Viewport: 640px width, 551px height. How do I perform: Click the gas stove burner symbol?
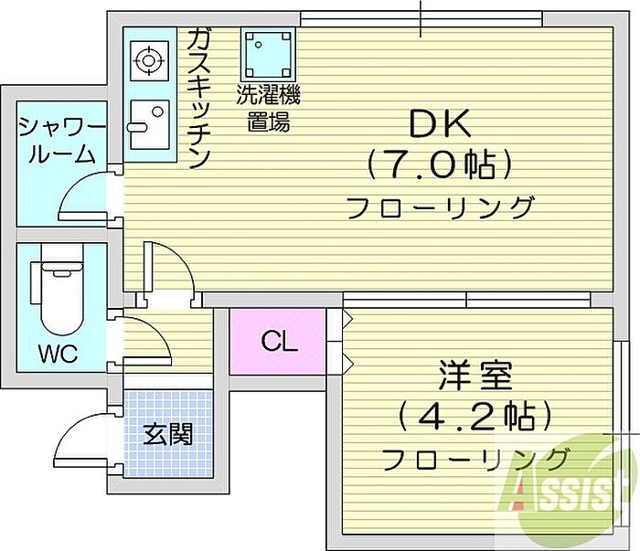pos(146,60)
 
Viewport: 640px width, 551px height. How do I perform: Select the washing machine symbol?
pos(269,54)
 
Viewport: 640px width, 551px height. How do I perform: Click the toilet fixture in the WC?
pos(58,297)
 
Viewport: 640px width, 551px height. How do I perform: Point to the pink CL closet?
pos(279,342)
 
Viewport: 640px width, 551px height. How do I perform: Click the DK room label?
pos(437,124)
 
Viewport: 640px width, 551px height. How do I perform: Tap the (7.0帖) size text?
pos(438,165)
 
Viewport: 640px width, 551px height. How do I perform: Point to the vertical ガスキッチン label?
pos(198,97)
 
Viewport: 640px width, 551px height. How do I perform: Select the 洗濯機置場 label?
pos(269,107)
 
